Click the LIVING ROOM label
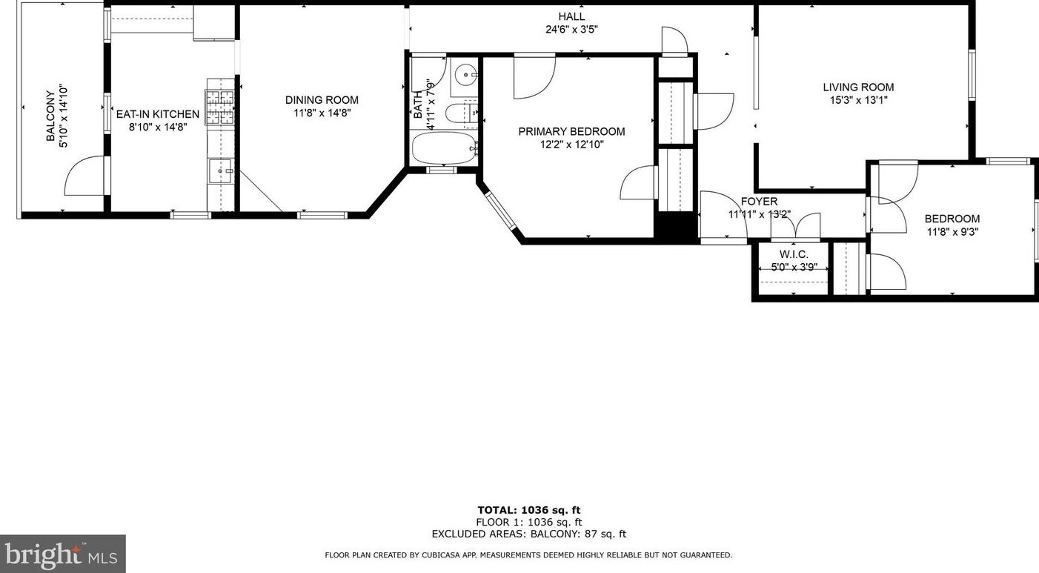tap(859, 87)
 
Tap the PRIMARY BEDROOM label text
tap(571, 131)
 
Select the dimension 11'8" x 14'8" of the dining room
tap(322, 113)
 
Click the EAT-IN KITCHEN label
tap(157, 114)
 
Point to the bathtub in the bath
tap(443, 148)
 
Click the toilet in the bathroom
tap(456, 113)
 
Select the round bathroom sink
tap(465, 73)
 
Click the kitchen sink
tap(221, 171)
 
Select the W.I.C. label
tap(794, 254)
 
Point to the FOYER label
tap(759, 202)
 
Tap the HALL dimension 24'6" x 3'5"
tap(571, 30)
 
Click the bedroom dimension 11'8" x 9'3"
tap(952, 232)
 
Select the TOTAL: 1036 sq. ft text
tap(529, 510)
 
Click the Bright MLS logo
tap(62, 554)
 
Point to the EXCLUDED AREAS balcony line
tap(529, 534)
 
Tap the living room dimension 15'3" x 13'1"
tap(859, 100)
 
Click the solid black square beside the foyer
tap(676, 225)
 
